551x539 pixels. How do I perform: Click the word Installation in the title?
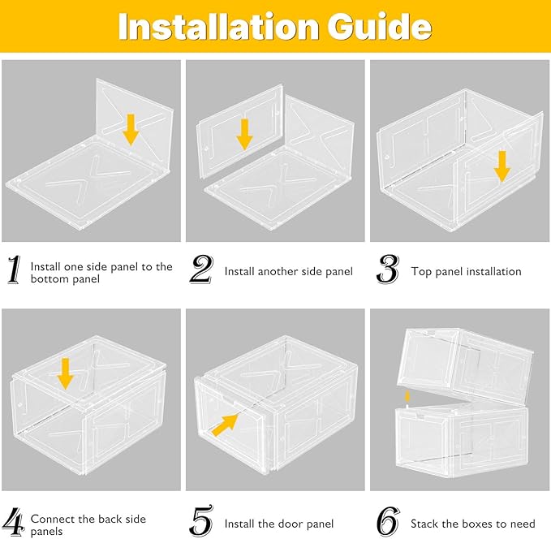click(218, 27)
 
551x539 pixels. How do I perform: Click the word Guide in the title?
click(379, 27)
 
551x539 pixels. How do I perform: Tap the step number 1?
click(14, 269)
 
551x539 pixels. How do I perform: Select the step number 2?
click(201, 269)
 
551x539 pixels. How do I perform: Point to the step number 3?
click(388, 269)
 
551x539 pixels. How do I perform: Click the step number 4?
click(15, 522)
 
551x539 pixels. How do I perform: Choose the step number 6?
click(389, 521)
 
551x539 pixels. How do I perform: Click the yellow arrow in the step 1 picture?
click(131, 130)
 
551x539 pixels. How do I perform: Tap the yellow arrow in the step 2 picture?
click(244, 134)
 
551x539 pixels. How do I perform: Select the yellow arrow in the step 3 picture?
click(502, 166)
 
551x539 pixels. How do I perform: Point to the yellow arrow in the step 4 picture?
click(66, 374)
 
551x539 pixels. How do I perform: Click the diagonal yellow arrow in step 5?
click(226, 425)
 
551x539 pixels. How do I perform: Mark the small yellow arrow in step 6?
click(407, 397)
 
